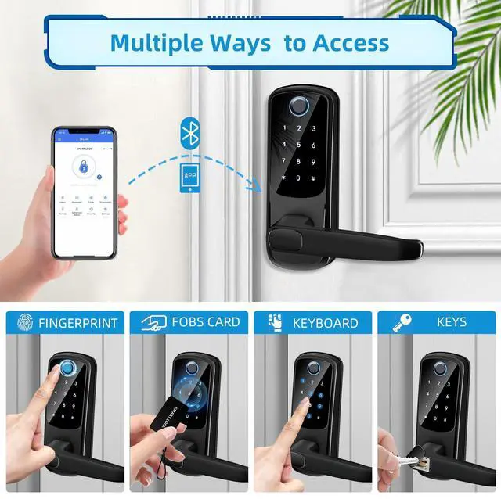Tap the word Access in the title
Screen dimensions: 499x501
click(x=350, y=42)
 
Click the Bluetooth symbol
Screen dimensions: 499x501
click(x=189, y=133)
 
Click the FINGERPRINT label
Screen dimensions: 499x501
click(x=77, y=322)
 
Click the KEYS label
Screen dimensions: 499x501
click(x=452, y=321)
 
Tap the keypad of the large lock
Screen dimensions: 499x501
click(x=301, y=156)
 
